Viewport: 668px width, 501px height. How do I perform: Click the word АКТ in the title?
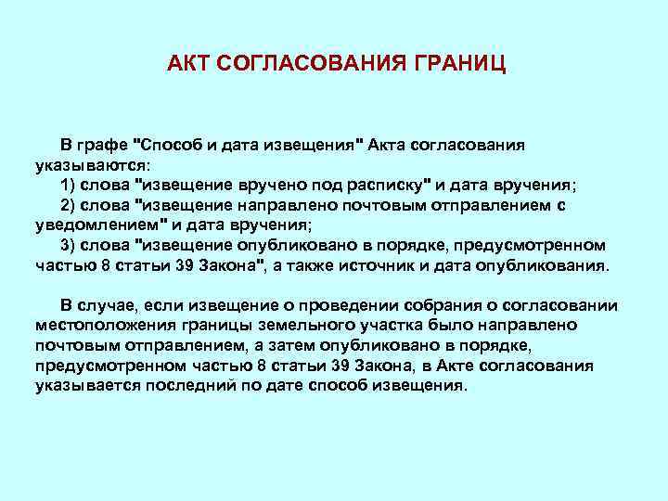coord(188,63)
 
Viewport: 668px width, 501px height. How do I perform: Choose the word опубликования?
coord(548,265)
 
